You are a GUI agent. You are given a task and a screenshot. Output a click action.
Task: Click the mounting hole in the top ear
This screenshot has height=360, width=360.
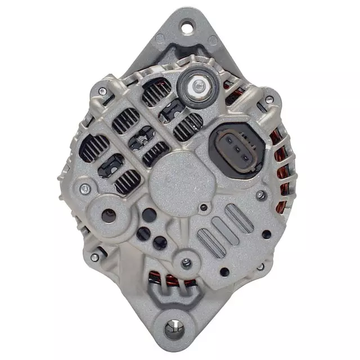click(186, 26)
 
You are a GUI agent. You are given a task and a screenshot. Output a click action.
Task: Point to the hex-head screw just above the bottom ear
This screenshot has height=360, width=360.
click(186, 263)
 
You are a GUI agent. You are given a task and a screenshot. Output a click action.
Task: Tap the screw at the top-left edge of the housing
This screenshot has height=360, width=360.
click(102, 91)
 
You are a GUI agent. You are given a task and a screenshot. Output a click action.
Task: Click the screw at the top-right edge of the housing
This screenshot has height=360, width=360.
click(269, 100)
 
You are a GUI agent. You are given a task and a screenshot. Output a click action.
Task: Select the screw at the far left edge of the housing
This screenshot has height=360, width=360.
click(84, 188)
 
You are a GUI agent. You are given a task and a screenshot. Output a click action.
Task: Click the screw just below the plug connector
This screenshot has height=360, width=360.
click(260, 195)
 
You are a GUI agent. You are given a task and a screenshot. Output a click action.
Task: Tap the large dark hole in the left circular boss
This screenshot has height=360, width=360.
click(109, 215)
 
